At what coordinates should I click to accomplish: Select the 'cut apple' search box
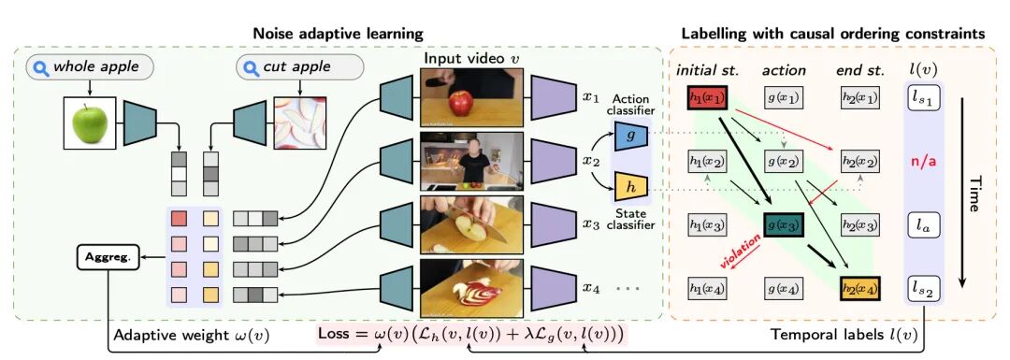299,67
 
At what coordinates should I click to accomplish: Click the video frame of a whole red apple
468,100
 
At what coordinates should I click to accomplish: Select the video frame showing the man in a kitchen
468,161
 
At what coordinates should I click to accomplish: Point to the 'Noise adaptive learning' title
339,34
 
